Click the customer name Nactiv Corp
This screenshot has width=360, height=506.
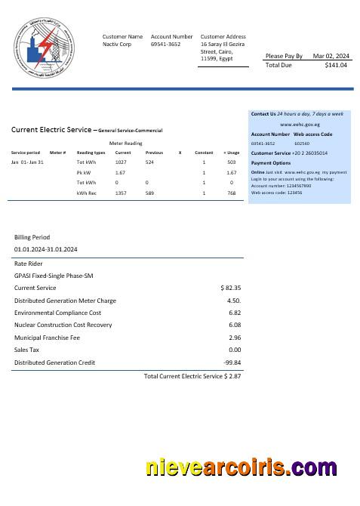[117, 45]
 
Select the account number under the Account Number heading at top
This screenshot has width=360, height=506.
[165, 45]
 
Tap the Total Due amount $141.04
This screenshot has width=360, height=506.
[336, 66]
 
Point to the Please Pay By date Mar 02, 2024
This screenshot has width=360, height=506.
[331, 56]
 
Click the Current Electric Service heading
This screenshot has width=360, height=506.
[51, 130]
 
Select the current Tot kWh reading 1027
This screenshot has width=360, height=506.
[121, 162]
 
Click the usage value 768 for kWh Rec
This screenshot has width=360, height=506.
[231, 193]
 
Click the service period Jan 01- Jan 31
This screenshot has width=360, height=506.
[28, 162]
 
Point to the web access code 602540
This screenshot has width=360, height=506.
[301, 143]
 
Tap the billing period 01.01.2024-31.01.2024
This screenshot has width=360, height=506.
[45, 248]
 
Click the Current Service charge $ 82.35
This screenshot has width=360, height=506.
[230, 288]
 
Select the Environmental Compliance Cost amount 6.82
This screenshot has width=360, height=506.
[234, 313]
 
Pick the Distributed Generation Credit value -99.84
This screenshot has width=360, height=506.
[232, 362]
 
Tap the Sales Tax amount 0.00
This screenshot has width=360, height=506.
[234, 350]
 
